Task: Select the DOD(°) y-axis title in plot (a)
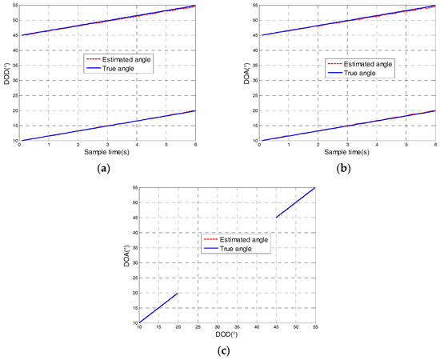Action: tap(6, 74)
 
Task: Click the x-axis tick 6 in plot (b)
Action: tap(434, 145)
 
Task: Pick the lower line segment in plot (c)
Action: tap(158, 308)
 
